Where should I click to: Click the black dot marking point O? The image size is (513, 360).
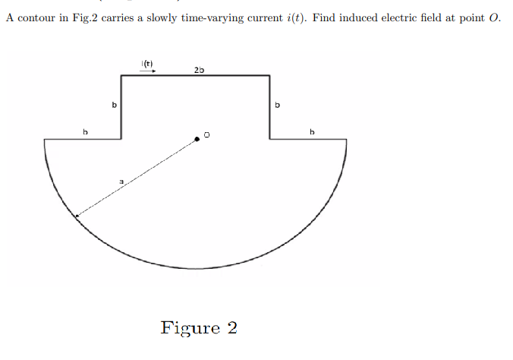[197, 138]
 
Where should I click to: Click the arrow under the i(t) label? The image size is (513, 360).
[148, 71]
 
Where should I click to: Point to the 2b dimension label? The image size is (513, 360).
[199, 70]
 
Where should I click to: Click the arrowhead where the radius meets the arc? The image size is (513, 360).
[77, 216]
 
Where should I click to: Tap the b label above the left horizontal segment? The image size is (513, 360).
[85, 132]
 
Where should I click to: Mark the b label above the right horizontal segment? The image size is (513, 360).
[311, 132]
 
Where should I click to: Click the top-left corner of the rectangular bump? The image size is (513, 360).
[121, 75]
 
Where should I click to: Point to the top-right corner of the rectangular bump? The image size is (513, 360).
[270, 75]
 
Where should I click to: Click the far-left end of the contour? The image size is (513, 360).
[45, 139]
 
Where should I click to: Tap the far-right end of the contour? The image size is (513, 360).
[347, 139]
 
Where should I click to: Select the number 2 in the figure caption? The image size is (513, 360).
[231, 328]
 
